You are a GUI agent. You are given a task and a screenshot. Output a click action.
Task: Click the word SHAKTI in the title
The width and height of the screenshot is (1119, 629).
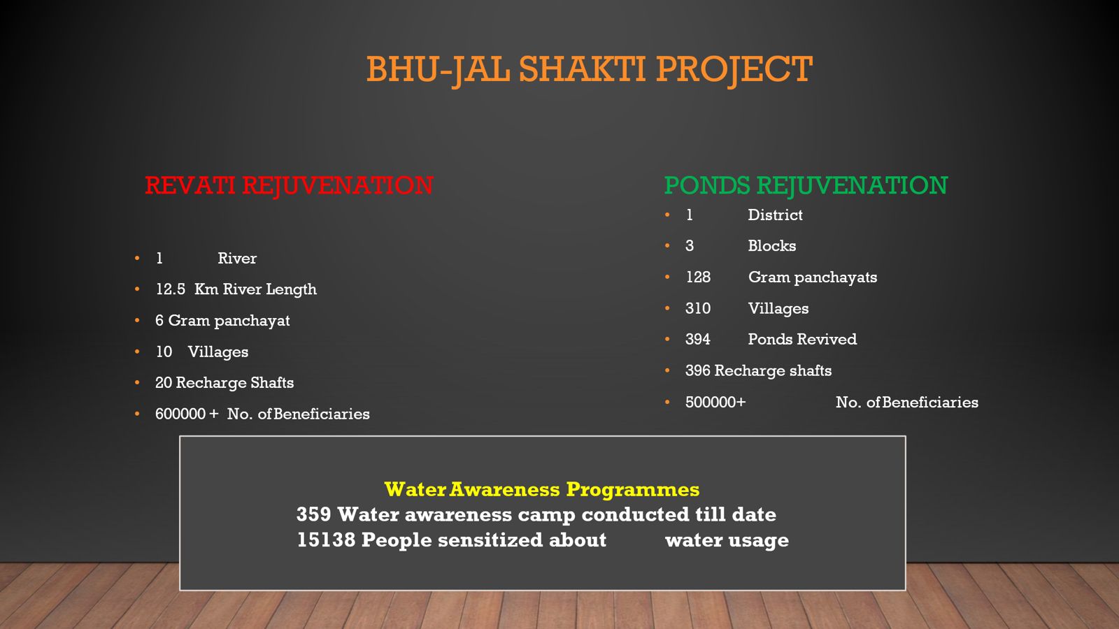[x=583, y=69]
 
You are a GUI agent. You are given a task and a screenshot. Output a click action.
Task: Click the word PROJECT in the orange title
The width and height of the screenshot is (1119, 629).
[x=734, y=71]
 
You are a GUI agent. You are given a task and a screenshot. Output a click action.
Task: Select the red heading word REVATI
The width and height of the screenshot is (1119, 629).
[x=190, y=185]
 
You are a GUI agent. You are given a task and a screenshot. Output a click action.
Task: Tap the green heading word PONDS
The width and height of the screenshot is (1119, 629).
[x=707, y=185]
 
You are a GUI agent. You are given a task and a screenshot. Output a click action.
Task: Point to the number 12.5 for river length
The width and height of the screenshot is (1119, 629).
[x=171, y=289]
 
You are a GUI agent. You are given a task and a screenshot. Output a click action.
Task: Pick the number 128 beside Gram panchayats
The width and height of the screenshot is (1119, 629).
[x=698, y=277]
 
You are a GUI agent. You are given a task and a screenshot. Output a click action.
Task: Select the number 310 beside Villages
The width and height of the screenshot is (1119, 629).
[x=698, y=308]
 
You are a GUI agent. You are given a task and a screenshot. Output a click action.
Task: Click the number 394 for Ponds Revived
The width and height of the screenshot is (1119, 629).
[x=698, y=340]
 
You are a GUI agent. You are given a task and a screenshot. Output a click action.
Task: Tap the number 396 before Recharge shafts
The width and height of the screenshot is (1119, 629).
[x=698, y=370]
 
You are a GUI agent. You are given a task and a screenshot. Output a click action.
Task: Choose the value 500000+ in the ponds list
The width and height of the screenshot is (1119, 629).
[x=715, y=402]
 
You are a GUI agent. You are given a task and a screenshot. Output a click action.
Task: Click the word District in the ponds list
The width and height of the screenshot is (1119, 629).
[x=776, y=215]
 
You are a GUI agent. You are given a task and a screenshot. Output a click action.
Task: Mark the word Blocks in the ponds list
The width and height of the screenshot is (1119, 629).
[x=772, y=245]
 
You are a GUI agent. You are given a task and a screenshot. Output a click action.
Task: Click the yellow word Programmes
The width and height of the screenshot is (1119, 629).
[x=632, y=490]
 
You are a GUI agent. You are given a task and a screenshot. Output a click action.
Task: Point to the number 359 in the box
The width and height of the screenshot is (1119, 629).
[x=314, y=514]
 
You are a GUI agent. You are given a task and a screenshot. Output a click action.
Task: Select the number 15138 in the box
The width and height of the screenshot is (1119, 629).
[x=326, y=540]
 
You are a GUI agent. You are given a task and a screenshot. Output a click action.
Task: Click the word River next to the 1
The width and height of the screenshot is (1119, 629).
[x=237, y=258]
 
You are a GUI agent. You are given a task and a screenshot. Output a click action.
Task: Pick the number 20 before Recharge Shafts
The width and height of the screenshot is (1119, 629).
[x=164, y=383]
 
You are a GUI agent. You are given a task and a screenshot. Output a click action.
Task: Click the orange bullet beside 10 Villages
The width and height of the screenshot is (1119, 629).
[x=137, y=352]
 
